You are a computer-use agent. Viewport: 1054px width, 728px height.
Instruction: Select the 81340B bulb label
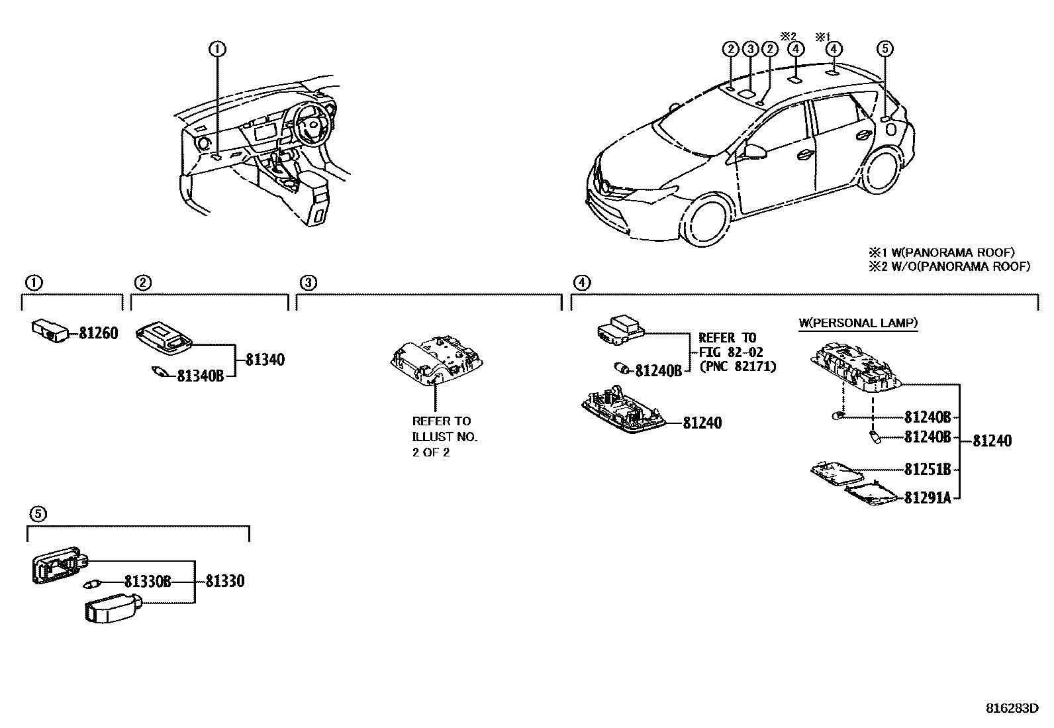[200, 376]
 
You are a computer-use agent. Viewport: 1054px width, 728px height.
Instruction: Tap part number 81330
[224, 581]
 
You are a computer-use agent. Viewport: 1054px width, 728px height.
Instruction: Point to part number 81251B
[927, 469]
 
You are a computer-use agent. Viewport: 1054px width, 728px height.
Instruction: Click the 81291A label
[927, 497]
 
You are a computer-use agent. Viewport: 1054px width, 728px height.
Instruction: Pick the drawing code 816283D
[1012, 708]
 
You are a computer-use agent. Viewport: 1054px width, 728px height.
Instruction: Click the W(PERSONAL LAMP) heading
[858, 323]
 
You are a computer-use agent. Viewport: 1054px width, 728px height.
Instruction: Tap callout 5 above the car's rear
[885, 48]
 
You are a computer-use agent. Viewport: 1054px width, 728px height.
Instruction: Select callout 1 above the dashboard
[217, 48]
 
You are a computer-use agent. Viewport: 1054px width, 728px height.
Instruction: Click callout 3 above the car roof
[749, 48]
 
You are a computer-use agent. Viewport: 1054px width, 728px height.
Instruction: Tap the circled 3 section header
[308, 283]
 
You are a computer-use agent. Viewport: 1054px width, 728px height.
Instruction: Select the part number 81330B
[147, 581]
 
